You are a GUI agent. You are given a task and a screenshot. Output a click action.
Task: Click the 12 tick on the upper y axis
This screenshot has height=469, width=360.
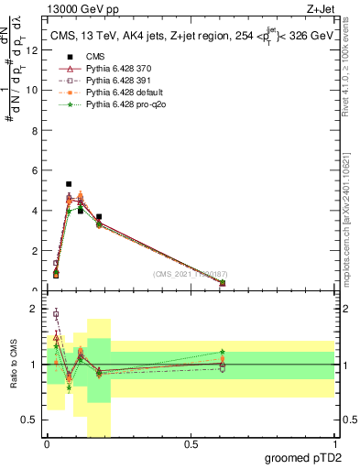tap(34, 49)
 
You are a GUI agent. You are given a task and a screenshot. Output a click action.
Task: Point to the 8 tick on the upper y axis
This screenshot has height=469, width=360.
tap(34, 130)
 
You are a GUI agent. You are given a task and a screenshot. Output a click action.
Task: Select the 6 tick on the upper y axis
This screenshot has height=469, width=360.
tap(34, 170)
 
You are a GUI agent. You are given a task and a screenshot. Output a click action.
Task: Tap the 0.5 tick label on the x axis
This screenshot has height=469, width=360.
tap(191, 444)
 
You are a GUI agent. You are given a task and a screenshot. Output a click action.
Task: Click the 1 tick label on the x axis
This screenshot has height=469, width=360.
tap(334, 444)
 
